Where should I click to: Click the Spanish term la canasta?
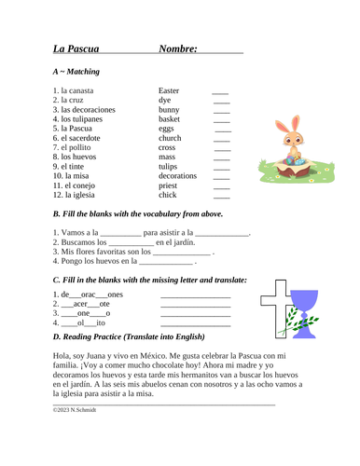tap(79, 90)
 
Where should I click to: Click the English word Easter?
tap(169, 90)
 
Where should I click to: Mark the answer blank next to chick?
tap(221, 197)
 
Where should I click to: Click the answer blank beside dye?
tap(221, 102)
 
